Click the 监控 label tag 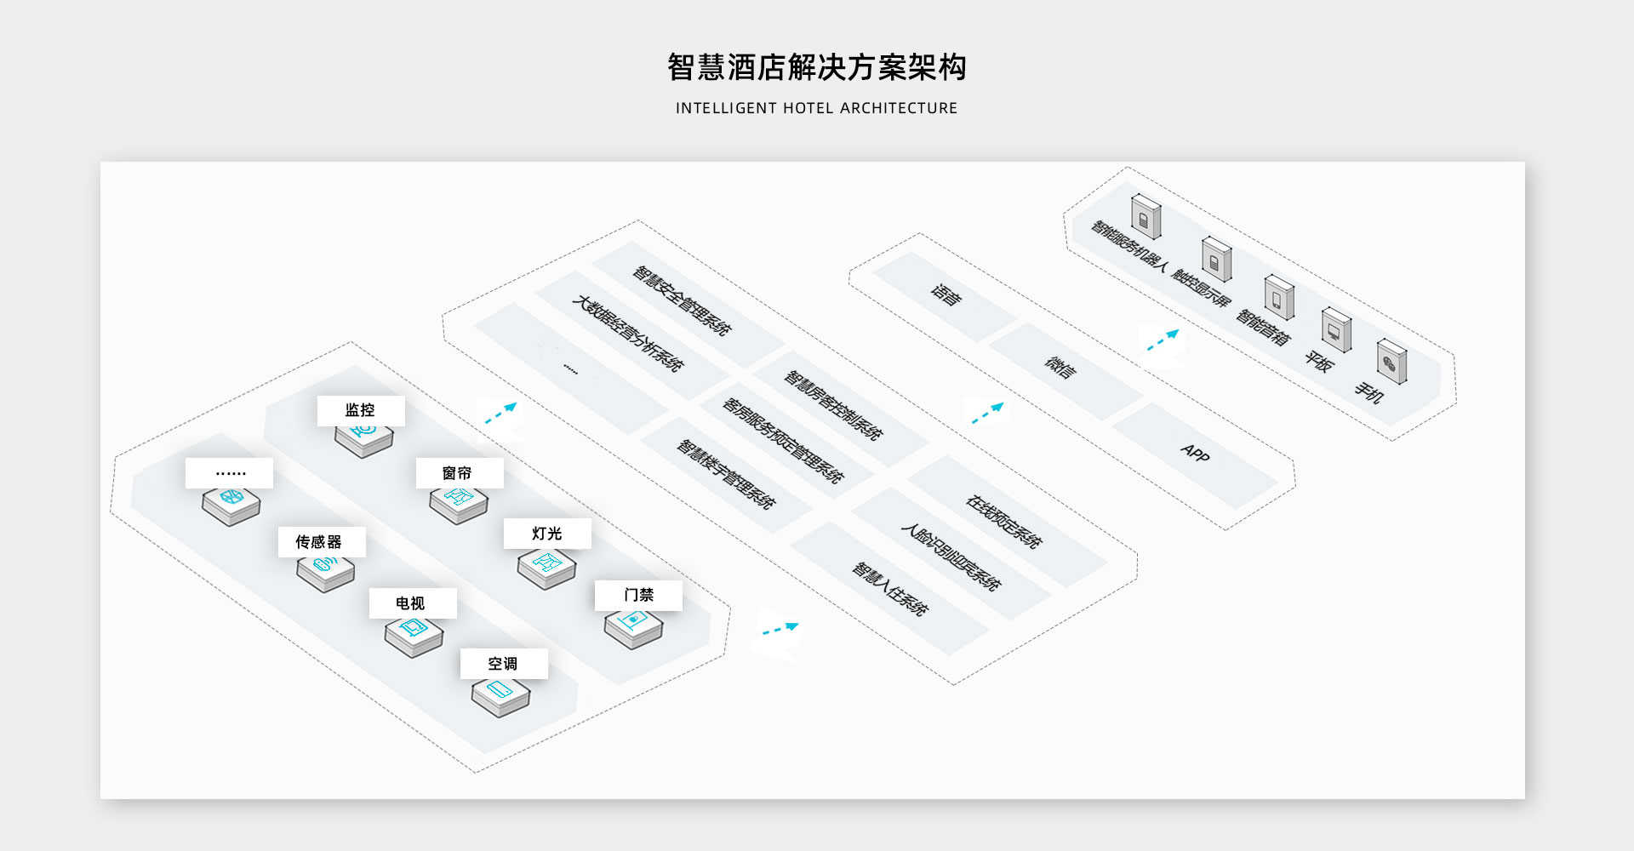pyautogui.click(x=361, y=410)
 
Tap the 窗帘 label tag pyautogui.click(x=459, y=473)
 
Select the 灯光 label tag pyautogui.click(x=547, y=534)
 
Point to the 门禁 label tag pyautogui.click(x=638, y=595)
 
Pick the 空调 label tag pyautogui.click(x=504, y=664)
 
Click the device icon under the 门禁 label pyautogui.click(x=633, y=627)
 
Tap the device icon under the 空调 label pyautogui.click(x=500, y=695)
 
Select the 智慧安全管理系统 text pyautogui.click(x=682, y=300)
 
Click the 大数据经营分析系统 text pyautogui.click(x=627, y=333)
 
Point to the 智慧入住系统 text pyautogui.click(x=890, y=588)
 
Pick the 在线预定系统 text pyautogui.click(x=1003, y=521)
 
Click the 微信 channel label pyautogui.click(x=1060, y=367)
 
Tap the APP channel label pyautogui.click(x=1195, y=453)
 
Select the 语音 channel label pyautogui.click(x=946, y=294)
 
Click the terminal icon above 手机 pyautogui.click(x=1391, y=361)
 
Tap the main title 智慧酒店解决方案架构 pyautogui.click(x=817, y=67)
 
